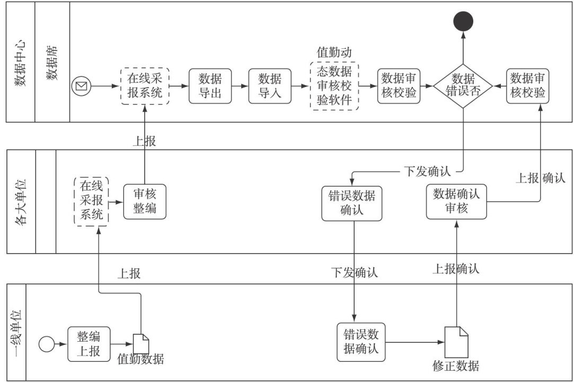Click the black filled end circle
point(463,21)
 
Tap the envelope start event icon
point(81,85)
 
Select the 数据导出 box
point(210,86)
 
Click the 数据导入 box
point(270,86)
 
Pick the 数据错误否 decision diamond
point(463,86)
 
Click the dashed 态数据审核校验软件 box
point(334,86)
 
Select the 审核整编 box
point(145,202)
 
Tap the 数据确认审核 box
point(456,202)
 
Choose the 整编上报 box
point(89,344)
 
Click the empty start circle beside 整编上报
point(47,344)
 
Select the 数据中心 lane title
point(20,62)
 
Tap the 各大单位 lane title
point(20,202)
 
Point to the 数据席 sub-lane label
point(52,62)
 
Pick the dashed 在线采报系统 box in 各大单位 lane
point(92,202)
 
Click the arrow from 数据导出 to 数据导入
point(240,86)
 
